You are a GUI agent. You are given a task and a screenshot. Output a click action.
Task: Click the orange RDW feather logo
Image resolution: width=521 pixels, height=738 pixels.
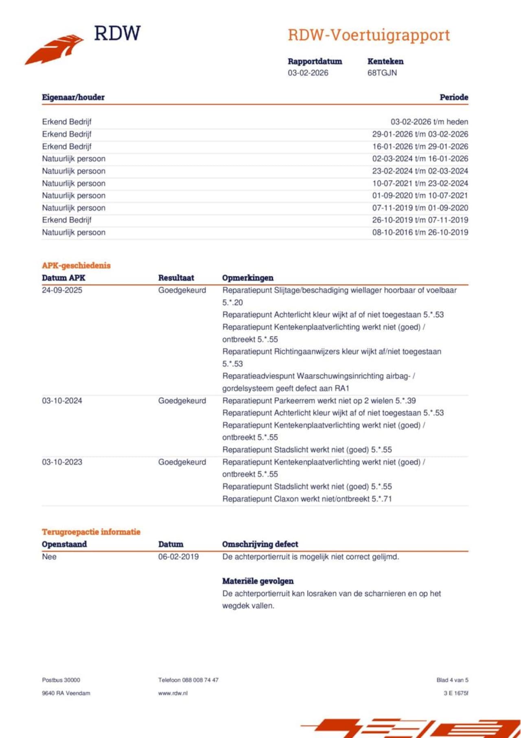point(55,49)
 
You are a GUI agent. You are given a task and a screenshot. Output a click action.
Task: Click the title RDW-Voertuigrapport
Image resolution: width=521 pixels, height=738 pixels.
point(369,35)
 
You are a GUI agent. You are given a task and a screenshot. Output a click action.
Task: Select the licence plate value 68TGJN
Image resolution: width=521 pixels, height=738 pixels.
point(382,73)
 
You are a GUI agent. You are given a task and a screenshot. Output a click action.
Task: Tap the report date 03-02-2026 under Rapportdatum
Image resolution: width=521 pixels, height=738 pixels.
point(308,73)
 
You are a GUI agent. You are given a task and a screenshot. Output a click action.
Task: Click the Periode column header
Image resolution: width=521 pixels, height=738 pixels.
point(453,97)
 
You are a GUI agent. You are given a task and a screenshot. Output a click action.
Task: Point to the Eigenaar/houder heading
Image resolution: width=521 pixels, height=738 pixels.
point(73,97)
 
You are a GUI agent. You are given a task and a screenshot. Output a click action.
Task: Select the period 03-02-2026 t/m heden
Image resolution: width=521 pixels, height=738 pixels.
point(429,122)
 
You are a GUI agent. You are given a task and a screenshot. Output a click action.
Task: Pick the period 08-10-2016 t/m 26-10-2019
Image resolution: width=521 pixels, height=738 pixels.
point(420,232)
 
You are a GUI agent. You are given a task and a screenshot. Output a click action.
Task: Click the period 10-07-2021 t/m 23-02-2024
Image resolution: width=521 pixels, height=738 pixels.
point(420,183)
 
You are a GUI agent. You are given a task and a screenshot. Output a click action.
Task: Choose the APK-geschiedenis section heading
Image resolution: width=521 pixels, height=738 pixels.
point(76,266)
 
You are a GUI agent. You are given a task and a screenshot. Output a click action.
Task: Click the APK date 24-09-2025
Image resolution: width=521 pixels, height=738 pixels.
point(62,290)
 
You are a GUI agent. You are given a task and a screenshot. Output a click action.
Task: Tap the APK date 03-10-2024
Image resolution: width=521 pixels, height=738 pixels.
point(62,401)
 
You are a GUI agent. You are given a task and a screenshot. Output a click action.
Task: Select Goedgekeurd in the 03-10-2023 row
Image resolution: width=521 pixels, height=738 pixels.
point(182,462)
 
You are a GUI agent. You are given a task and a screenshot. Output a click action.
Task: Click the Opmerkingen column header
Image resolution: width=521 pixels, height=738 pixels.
point(247,278)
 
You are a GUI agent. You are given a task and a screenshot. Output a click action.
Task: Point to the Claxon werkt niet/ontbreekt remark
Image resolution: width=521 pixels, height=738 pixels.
point(307,499)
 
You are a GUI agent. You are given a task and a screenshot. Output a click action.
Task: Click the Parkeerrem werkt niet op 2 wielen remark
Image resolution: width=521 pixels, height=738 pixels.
point(319,401)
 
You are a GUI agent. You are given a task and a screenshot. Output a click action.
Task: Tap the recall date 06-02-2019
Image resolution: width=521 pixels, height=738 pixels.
point(178,557)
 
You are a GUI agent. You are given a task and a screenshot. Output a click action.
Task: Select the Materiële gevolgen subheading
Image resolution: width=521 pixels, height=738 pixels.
point(258,581)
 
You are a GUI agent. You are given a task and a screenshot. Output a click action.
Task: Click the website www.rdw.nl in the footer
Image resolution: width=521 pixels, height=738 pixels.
point(173,693)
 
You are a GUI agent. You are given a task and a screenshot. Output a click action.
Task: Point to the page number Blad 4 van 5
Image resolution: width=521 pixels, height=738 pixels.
point(452,680)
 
